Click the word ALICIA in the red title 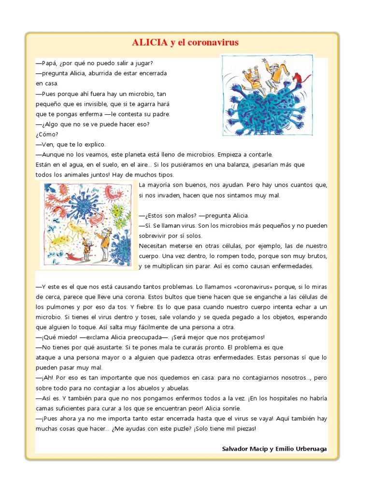pos(149,42)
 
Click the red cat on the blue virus pos(302,77)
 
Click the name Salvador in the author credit pos(236,449)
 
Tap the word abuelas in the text pos(179,388)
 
